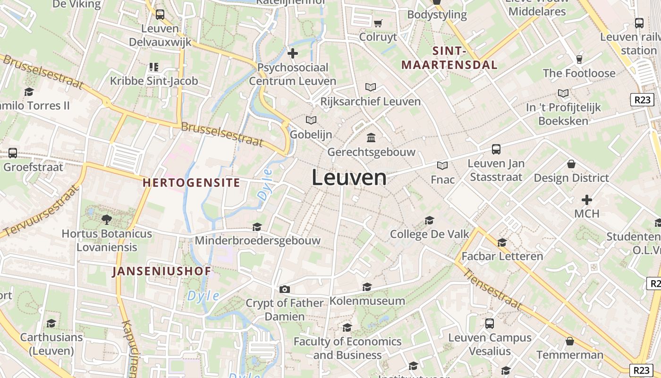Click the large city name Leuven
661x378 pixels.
(349, 178)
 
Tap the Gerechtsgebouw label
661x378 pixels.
(371, 152)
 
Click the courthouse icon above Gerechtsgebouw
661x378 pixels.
(371, 138)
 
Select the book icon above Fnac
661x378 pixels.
(442, 165)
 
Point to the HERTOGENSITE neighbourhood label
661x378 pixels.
(191, 183)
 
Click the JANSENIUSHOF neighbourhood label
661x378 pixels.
(161, 271)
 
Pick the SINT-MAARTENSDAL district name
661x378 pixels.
(449, 58)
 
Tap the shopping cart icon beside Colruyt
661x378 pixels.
(378, 23)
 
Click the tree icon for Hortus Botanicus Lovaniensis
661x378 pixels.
(107, 219)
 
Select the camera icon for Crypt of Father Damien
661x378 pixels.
(284, 289)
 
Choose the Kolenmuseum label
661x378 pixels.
(367, 301)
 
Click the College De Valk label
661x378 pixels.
(430, 234)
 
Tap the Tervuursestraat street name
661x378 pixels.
(40, 211)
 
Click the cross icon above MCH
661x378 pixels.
(586, 200)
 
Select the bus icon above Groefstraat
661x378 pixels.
(13, 153)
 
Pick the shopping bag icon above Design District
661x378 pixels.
(571, 164)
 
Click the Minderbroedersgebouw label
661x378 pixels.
(258, 241)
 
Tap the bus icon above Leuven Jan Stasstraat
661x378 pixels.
(496, 149)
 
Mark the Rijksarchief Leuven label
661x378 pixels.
(370, 102)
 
